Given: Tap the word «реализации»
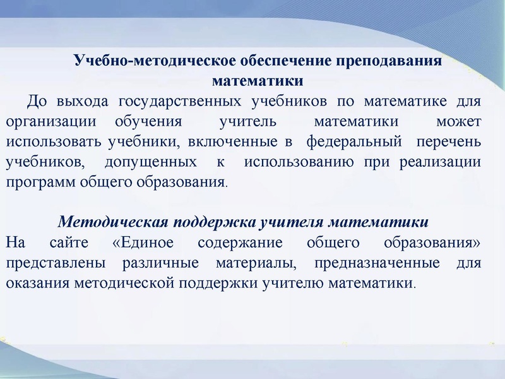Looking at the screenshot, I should (440, 162).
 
